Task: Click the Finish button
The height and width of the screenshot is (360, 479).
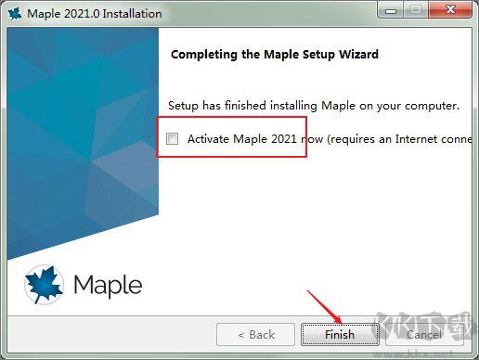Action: [340, 334]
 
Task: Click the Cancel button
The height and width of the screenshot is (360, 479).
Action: [423, 334]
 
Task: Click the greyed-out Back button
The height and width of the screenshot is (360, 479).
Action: [256, 334]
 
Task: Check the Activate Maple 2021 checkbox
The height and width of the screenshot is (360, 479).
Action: [172, 139]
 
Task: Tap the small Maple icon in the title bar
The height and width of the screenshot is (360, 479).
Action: [15, 14]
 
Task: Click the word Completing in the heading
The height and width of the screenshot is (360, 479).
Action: [205, 55]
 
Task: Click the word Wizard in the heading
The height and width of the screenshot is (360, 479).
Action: [357, 55]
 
